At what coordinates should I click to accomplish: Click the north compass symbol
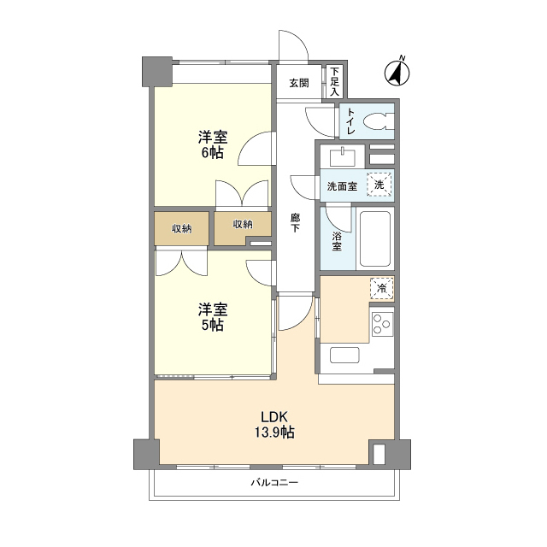[x=397, y=72]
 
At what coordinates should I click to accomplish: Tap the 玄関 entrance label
[x=299, y=83]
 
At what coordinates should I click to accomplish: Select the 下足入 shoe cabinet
[x=334, y=82]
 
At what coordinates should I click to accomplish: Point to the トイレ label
[x=351, y=121]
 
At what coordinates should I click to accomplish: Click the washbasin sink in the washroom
[x=343, y=157]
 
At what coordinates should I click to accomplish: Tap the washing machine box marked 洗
[x=379, y=184]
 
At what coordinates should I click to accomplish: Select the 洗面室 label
[x=342, y=186]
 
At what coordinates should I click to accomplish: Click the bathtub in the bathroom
[x=375, y=238]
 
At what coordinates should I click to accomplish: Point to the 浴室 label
[x=336, y=241]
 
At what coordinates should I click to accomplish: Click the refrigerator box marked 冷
[x=382, y=288]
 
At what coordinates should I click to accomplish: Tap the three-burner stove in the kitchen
[x=382, y=324]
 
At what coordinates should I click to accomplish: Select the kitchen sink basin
[x=344, y=356]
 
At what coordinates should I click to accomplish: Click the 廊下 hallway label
[x=295, y=223]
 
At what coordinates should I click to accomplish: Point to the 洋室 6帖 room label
[x=213, y=144]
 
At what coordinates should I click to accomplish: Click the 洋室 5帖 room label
[x=213, y=317]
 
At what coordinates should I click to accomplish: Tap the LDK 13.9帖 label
[x=274, y=425]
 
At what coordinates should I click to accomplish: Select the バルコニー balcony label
[x=274, y=483]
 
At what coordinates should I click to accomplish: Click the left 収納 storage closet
[x=182, y=228]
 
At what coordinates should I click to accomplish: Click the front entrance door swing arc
[x=299, y=39]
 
